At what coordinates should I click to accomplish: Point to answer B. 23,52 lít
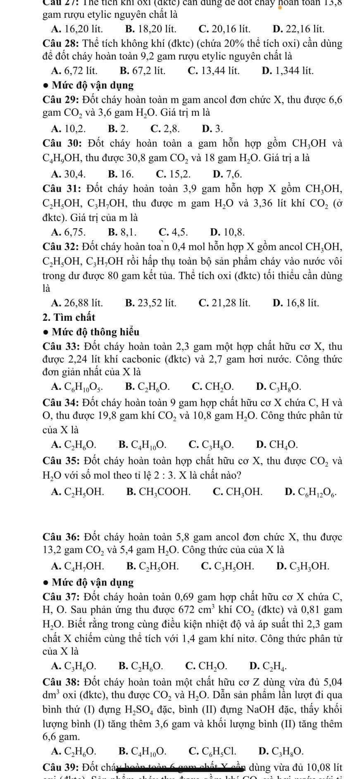(x=150, y=303)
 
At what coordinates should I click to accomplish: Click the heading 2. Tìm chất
(x=69, y=317)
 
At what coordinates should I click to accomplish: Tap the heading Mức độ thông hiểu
(x=95, y=332)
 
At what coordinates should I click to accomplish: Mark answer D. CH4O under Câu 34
(x=277, y=445)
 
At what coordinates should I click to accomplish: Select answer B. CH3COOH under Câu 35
(x=159, y=492)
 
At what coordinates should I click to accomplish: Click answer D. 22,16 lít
(x=298, y=29)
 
